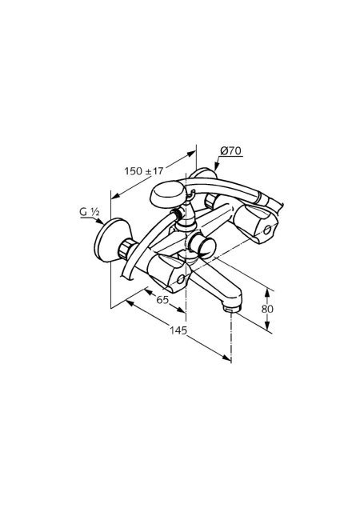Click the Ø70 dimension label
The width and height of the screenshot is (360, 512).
(230, 151)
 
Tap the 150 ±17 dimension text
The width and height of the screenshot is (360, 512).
(143, 170)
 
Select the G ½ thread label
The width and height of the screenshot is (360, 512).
(90, 212)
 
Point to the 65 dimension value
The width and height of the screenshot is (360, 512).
(162, 299)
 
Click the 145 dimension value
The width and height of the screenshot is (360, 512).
(178, 330)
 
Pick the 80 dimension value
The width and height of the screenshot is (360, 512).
(267, 309)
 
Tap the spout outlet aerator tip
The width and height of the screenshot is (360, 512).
(232, 307)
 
